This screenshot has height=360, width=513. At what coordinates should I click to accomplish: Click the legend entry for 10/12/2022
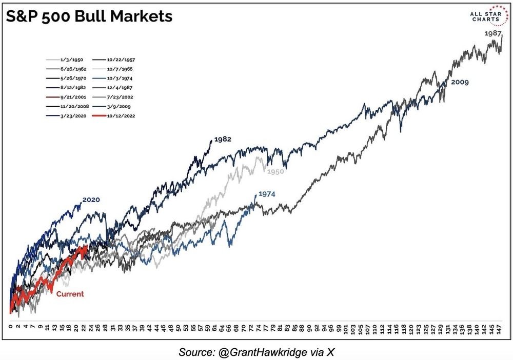(121, 116)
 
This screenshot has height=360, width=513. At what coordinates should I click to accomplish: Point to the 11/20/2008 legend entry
(71, 107)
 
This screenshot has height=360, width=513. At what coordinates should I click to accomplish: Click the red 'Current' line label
(70, 294)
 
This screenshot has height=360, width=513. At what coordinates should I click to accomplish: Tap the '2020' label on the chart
(91, 200)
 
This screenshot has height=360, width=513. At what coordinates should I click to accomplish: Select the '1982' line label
(223, 139)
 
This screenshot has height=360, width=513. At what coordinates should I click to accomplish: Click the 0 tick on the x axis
(10, 326)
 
